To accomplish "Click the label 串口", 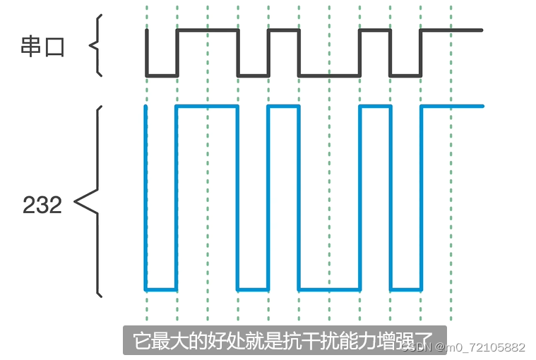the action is click(42, 47).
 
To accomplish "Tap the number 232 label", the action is click(42, 205).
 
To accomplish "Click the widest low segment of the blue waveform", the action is click(329, 289).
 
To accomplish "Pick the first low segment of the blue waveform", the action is click(161, 289).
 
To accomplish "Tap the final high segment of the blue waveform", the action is click(452, 107).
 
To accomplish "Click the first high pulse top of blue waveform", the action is click(207, 107).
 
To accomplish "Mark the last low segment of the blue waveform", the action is click(406, 289).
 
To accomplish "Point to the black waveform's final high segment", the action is click(452, 30).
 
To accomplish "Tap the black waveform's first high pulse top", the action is click(207, 30).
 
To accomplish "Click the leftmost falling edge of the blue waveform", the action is click(146, 198).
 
